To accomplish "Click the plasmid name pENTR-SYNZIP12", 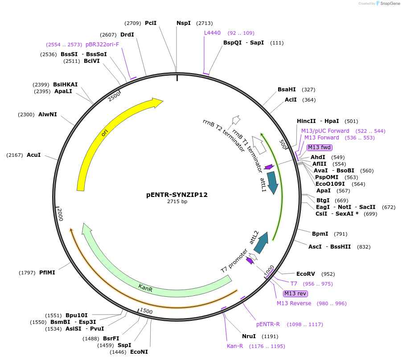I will coord(177,195).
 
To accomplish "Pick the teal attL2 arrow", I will coord(262,243).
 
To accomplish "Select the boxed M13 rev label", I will coord(295,294).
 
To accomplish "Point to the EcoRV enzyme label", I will coord(306,274).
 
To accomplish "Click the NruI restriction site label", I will coord(249,336).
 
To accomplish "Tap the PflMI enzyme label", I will coord(47,273).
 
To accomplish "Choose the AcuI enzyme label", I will coord(34,155).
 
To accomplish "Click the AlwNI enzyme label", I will coord(48,115).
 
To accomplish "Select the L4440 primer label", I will coord(212,33).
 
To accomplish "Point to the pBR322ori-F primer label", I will coord(103,45).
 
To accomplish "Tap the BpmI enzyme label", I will coord(320,234).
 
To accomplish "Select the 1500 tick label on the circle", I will coord(146,311).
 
